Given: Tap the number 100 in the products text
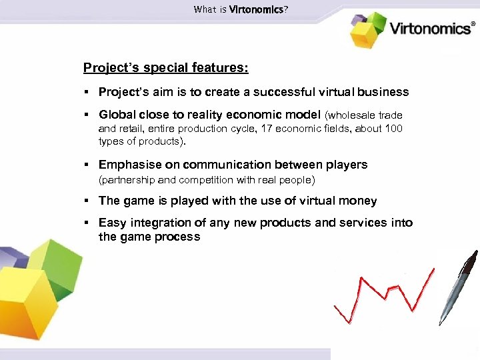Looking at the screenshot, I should (393, 129).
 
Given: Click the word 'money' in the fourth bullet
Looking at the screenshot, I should (357, 201).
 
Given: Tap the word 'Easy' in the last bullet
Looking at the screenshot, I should (112, 223).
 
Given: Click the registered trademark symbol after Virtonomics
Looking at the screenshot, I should (474, 22).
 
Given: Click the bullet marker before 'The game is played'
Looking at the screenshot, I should (87, 201).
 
